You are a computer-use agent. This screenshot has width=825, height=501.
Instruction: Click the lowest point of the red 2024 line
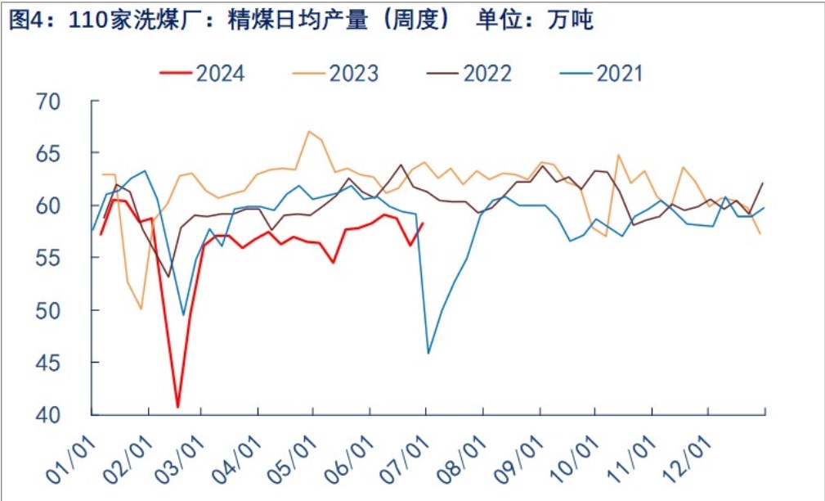(177, 407)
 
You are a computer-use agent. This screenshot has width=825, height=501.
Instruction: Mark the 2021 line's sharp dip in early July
(428, 354)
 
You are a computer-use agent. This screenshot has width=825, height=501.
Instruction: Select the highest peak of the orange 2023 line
(309, 131)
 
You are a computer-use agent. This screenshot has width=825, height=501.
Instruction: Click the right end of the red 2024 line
(423, 223)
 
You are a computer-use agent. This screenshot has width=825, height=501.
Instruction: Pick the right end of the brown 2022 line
(764, 183)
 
